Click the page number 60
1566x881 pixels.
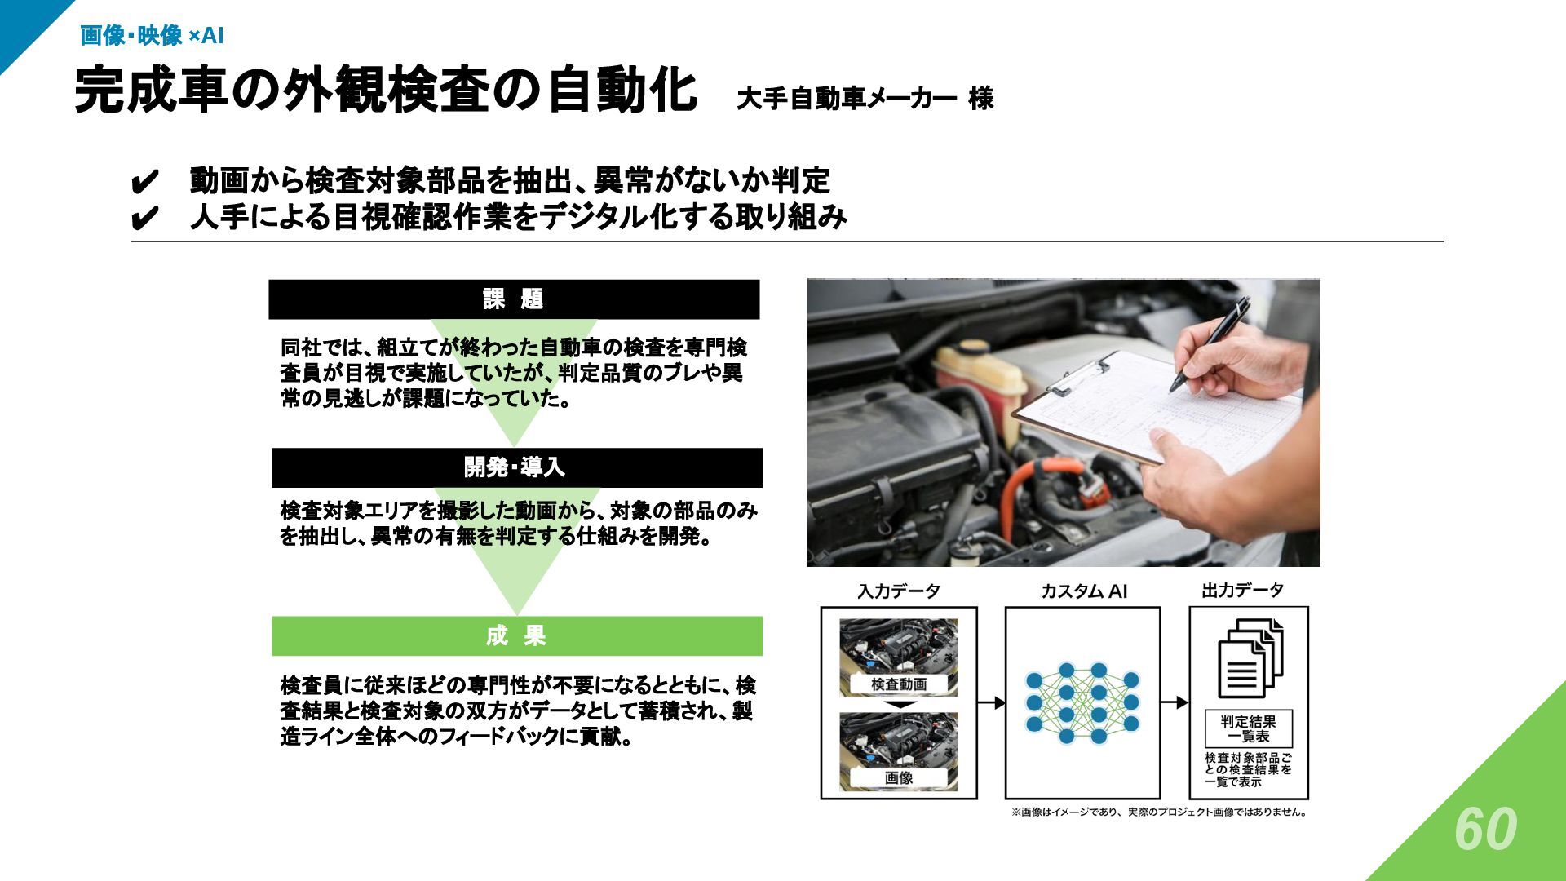click(x=1485, y=830)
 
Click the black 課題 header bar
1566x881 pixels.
click(x=514, y=299)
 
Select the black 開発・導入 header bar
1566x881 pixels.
click(x=516, y=467)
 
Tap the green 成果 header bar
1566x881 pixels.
click(x=516, y=636)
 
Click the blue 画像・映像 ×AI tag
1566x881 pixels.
click(x=152, y=36)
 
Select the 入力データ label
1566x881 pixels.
click(x=899, y=591)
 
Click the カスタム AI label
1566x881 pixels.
click(x=1083, y=591)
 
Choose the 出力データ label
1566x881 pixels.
click(x=1242, y=591)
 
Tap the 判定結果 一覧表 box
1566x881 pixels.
click(x=1249, y=728)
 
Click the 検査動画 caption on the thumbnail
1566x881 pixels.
click(x=899, y=684)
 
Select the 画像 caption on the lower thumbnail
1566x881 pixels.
click(x=899, y=778)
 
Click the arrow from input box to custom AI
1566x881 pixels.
click(x=991, y=702)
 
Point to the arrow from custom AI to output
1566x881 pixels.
click(x=1174, y=702)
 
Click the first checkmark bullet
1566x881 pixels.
click(x=144, y=182)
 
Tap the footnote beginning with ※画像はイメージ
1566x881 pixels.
click(x=1159, y=812)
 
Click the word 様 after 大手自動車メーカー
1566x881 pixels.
click(x=981, y=100)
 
